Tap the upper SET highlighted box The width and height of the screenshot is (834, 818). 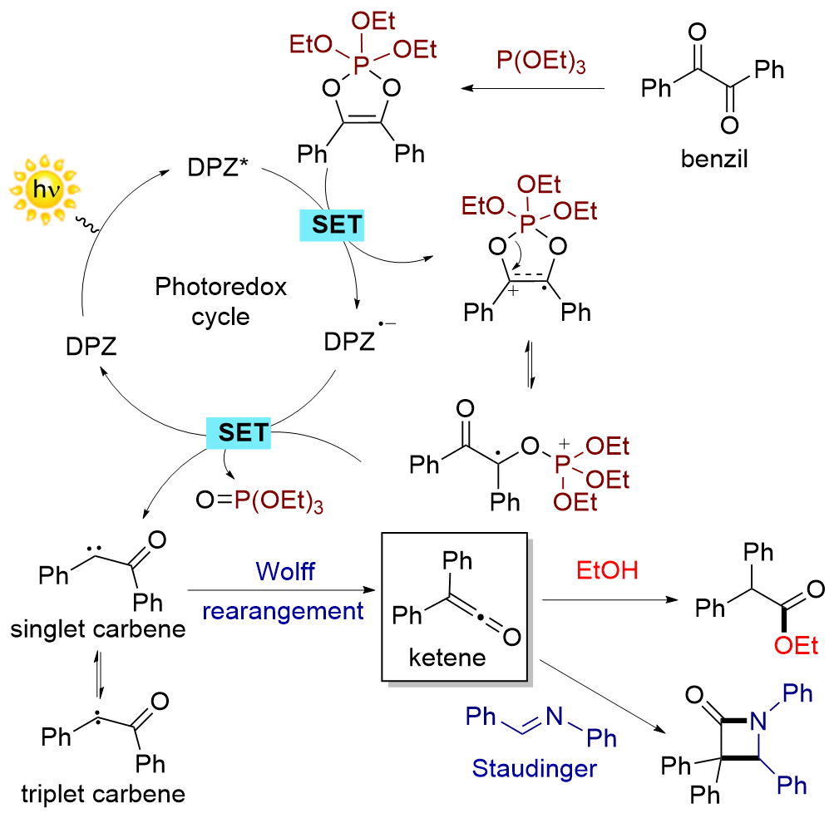click(x=332, y=224)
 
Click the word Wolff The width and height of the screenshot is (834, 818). click(x=284, y=572)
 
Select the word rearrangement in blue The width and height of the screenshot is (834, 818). click(x=284, y=611)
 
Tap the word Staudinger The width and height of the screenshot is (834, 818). click(x=535, y=768)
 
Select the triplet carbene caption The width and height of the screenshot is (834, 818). click(x=99, y=793)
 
